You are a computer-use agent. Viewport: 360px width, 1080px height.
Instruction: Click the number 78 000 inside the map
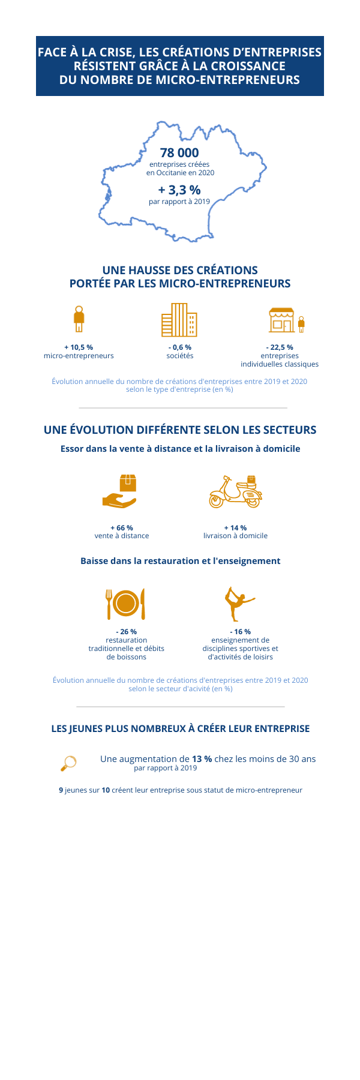click(x=179, y=153)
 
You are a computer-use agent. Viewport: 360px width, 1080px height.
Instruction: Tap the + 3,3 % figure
click(x=179, y=190)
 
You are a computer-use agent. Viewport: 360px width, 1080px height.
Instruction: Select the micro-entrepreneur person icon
click(x=79, y=319)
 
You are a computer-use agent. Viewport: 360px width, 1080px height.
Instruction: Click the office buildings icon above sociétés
click(x=179, y=320)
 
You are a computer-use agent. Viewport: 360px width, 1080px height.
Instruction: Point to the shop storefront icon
click(x=282, y=320)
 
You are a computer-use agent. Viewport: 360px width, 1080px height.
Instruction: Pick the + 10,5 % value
click(x=79, y=347)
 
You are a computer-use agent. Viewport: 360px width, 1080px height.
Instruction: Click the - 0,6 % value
click(x=179, y=347)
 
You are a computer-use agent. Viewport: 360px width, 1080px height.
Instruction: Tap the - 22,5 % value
click(x=280, y=347)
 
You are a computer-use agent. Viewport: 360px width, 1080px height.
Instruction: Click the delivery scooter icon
click(x=236, y=492)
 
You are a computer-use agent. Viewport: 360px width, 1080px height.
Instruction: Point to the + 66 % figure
click(x=122, y=528)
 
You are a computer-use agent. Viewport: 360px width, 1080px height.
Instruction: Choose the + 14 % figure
click(x=235, y=528)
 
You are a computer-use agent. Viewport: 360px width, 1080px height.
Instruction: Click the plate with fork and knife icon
click(x=126, y=604)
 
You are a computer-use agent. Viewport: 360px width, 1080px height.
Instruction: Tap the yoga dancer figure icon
click(x=238, y=604)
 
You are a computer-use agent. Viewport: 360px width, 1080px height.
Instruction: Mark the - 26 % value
click(x=126, y=632)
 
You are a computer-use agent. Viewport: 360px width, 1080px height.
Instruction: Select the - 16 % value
click(x=240, y=632)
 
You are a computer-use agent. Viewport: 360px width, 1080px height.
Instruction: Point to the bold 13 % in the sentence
click(x=202, y=759)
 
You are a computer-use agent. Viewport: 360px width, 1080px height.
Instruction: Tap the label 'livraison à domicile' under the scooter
click(x=235, y=536)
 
